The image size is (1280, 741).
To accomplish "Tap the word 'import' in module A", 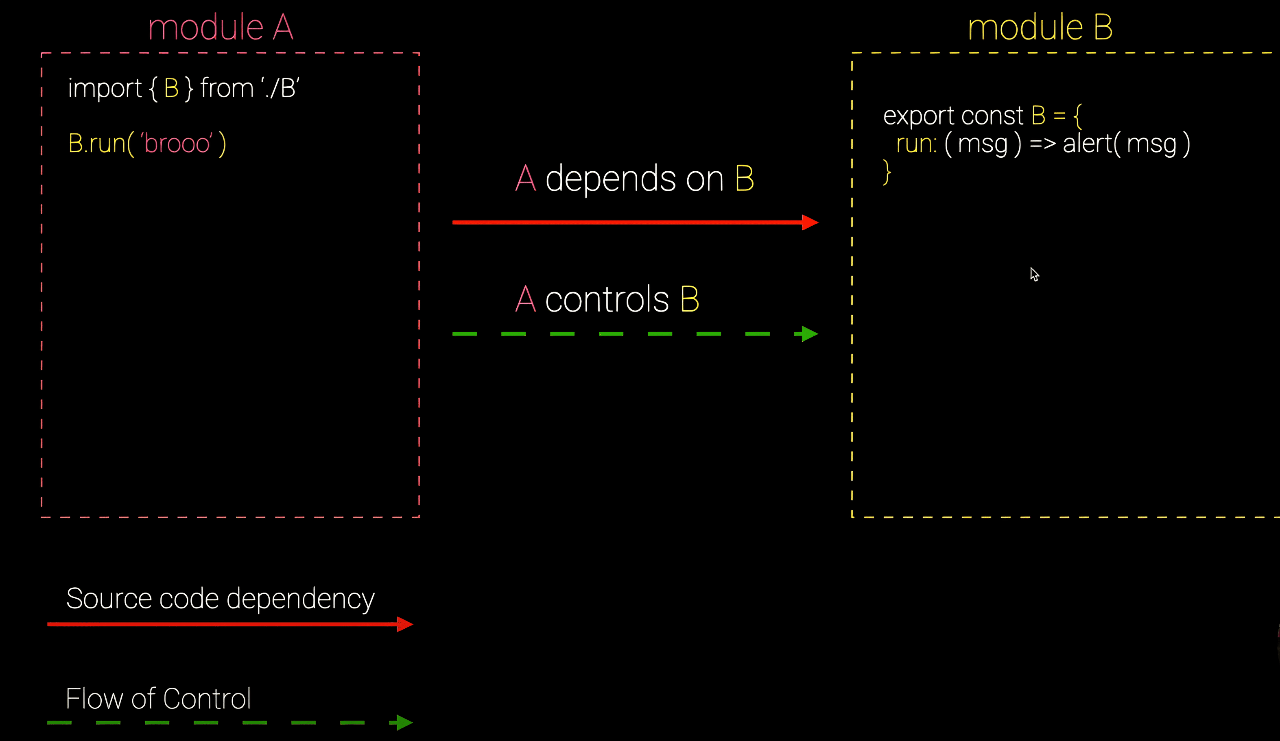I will tap(105, 88).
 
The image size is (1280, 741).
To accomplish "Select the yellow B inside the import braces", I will tap(171, 88).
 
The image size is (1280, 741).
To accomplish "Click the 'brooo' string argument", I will tap(176, 144).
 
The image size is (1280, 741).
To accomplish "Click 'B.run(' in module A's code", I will tap(100, 144).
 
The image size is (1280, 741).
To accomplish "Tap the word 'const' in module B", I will tap(992, 116).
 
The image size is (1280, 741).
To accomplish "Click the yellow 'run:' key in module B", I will tap(916, 144).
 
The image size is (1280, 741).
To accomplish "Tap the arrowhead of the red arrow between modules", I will tap(810, 222).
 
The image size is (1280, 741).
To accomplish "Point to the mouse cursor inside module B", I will tap(1034, 274).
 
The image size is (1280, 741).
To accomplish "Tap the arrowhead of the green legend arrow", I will tap(404, 722).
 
